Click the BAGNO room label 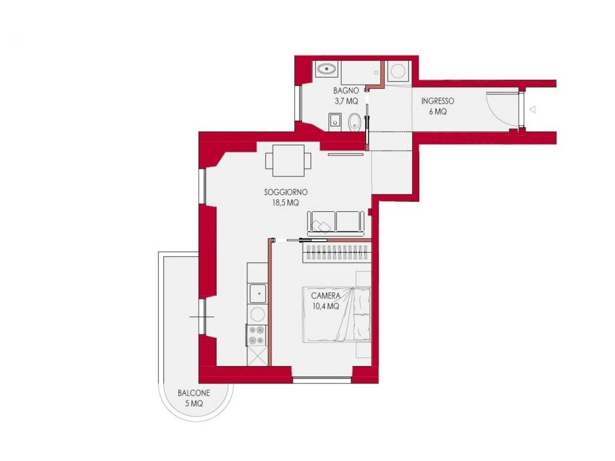point(346,91)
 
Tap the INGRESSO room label point(438,101)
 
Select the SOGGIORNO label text point(285,192)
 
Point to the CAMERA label point(326,295)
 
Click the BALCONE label point(194,393)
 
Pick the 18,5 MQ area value point(285,203)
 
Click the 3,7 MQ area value point(346,101)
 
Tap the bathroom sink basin point(326,70)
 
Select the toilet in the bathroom point(354,122)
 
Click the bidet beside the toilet point(335,122)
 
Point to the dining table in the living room point(288,160)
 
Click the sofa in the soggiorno point(336,223)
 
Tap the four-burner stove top point(256,336)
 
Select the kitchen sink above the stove point(258,293)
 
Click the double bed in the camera point(336,315)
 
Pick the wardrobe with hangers point(336,253)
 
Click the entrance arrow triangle point(532,110)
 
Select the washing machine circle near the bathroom point(399,71)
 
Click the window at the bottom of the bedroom point(322,380)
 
